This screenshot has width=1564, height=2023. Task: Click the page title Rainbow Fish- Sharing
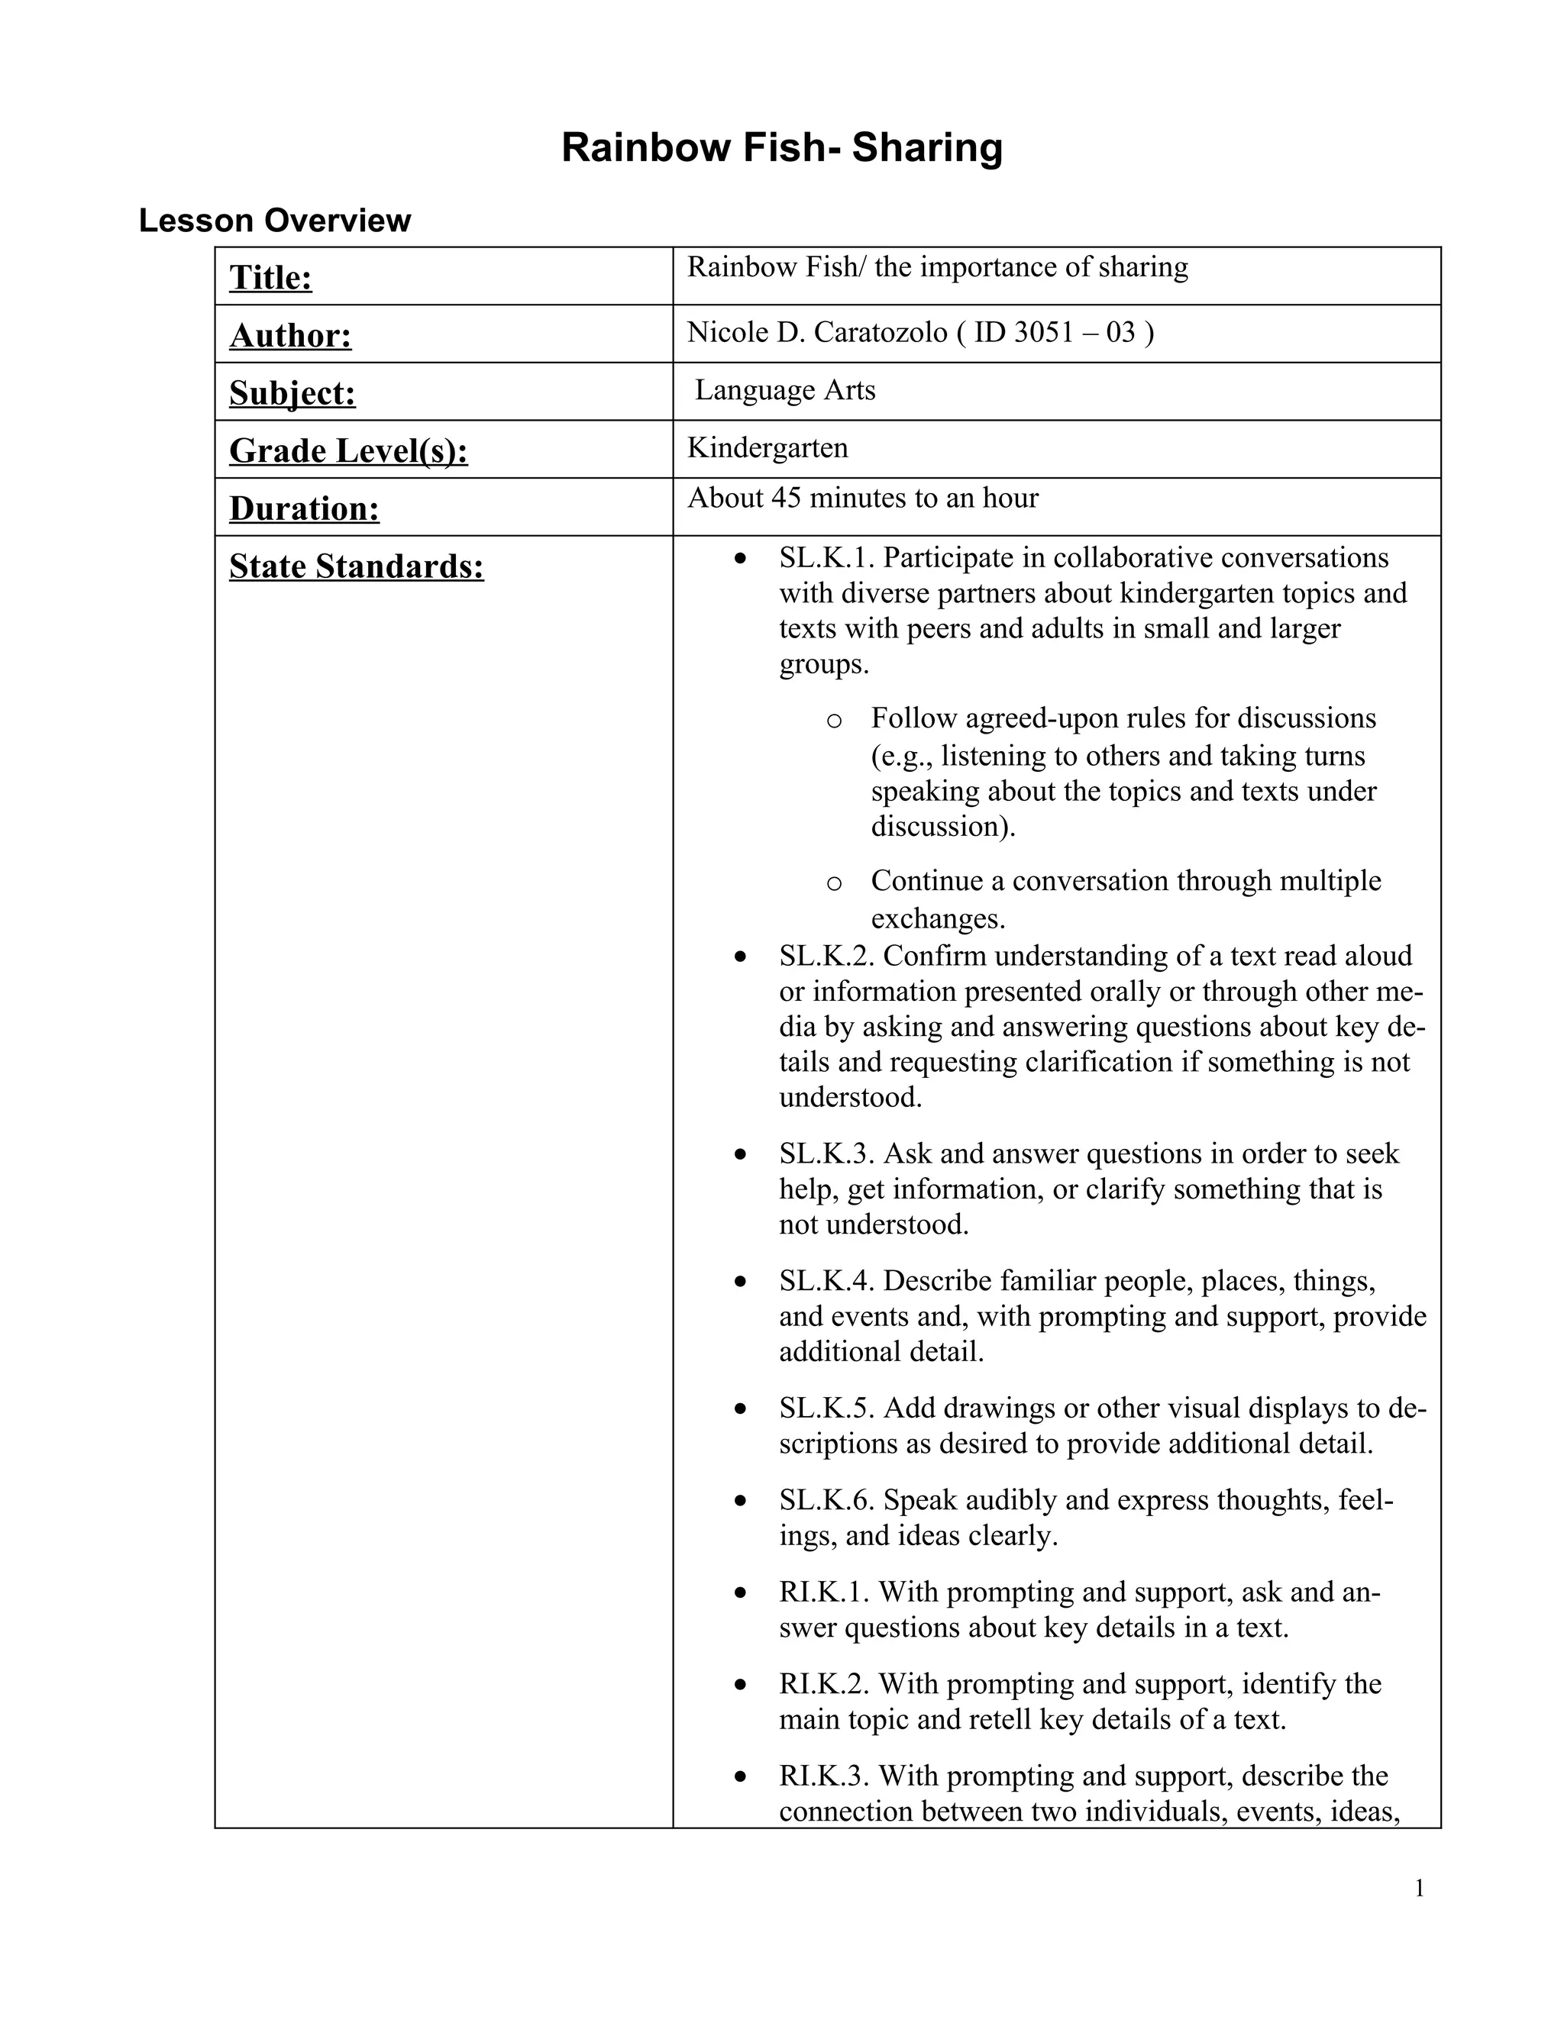click(x=781, y=148)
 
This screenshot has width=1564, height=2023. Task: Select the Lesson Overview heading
click(x=274, y=221)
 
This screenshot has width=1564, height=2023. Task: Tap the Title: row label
click(x=270, y=277)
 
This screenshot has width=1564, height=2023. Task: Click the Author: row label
click(x=290, y=335)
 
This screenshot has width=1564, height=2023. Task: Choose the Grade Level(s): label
click(x=348, y=451)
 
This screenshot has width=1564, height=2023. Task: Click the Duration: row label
click(x=304, y=508)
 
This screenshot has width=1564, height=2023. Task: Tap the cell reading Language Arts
click(x=785, y=390)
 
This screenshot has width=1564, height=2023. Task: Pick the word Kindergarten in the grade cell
click(x=767, y=448)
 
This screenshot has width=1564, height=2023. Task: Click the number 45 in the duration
click(x=786, y=498)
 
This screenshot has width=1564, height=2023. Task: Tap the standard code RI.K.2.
click(x=824, y=1683)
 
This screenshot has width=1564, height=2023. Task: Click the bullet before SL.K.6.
click(x=739, y=1501)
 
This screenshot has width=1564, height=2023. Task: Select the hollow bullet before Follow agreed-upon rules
click(x=833, y=720)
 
